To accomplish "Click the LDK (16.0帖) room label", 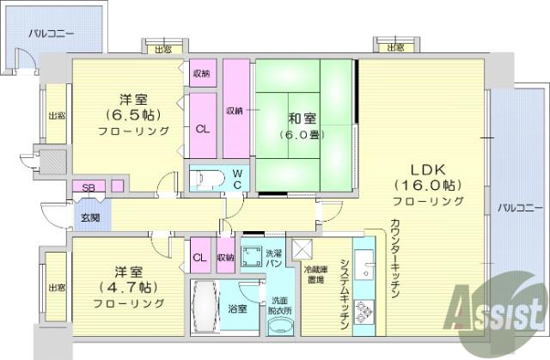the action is point(428,186).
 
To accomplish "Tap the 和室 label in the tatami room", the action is point(302,119).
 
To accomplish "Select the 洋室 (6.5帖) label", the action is point(134,115).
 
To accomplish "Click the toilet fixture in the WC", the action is point(206,178).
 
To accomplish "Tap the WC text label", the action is point(237,179).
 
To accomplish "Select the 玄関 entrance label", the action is point(90,218).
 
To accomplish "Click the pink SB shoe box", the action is point(89,186).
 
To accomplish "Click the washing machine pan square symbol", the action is point(252,256).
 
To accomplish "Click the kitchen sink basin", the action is point(364,264).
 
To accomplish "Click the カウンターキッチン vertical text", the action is point(395,259).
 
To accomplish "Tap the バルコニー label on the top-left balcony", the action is point(52,34).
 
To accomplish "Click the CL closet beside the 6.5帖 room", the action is point(203,125).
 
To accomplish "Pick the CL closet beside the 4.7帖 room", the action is point(200,255).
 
